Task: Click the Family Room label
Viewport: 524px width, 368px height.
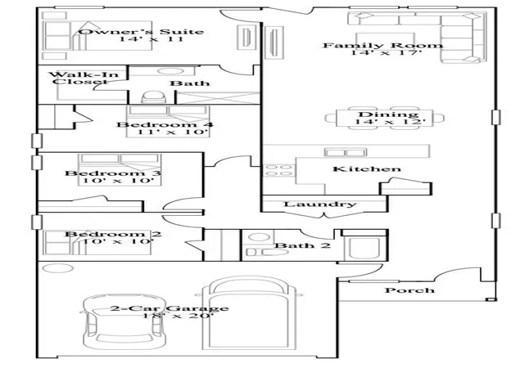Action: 383,46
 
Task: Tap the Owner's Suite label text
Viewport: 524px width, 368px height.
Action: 142,32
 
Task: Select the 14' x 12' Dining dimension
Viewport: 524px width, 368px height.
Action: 390,122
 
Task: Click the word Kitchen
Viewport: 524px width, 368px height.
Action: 367,169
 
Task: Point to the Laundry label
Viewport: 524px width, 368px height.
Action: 320,204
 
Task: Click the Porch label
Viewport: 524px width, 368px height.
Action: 409,290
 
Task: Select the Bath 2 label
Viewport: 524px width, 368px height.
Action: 302,246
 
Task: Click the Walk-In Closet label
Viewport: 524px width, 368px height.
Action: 84,78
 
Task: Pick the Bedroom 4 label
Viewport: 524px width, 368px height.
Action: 165,125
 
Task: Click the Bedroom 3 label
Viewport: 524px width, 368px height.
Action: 113,173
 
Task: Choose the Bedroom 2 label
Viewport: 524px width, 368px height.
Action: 113,234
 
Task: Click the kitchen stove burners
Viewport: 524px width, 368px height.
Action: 278,170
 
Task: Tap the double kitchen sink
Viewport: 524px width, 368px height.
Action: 346,153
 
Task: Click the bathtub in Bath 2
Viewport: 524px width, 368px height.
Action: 364,248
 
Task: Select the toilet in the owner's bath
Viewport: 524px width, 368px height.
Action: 153,97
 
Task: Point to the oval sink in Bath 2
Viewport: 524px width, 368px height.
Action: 259,237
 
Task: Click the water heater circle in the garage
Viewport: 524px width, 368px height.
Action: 58,268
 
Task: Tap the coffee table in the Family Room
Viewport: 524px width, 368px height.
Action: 385,42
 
